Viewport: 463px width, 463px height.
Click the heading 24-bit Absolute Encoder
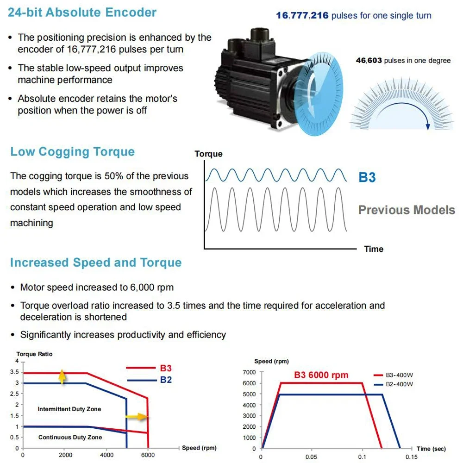[x=82, y=13]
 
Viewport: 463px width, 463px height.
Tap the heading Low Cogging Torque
[x=73, y=152]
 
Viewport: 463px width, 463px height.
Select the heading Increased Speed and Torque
[x=96, y=263]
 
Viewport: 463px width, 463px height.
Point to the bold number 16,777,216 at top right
[x=302, y=16]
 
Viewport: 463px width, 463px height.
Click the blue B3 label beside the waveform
[x=367, y=177]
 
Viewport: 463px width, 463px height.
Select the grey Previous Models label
[x=407, y=210]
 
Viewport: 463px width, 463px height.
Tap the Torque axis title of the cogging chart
[x=208, y=154]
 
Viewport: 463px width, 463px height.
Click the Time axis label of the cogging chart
[x=374, y=249]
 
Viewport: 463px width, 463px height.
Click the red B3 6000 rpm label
[x=321, y=375]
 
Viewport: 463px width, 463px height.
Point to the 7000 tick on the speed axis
[x=249, y=372]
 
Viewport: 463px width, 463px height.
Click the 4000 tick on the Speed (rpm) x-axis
[x=106, y=456]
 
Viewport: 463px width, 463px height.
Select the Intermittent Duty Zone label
[x=69, y=409]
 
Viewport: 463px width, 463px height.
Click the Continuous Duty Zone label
[x=70, y=437]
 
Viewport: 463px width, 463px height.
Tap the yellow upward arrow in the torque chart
[x=62, y=377]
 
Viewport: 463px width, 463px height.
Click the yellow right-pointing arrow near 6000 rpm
[x=137, y=417]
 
